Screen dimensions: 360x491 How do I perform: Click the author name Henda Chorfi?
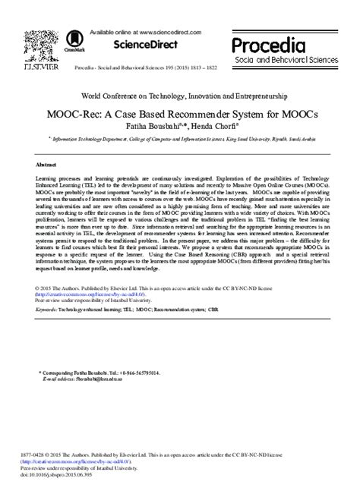pos(218,126)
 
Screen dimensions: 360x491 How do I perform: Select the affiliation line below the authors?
pos(179,140)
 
